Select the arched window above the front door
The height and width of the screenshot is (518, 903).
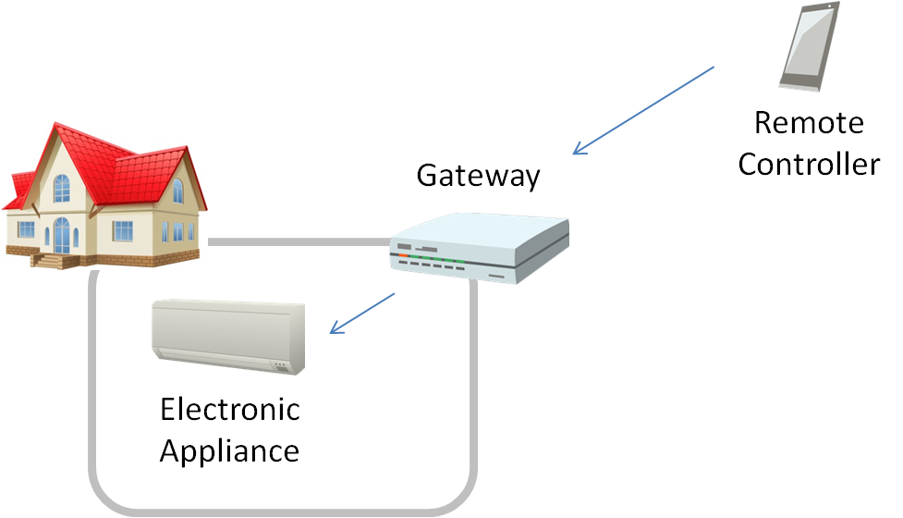click(61, 189)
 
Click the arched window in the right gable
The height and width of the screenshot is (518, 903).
click(177, 191)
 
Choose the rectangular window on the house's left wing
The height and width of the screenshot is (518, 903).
click(26, 228)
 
